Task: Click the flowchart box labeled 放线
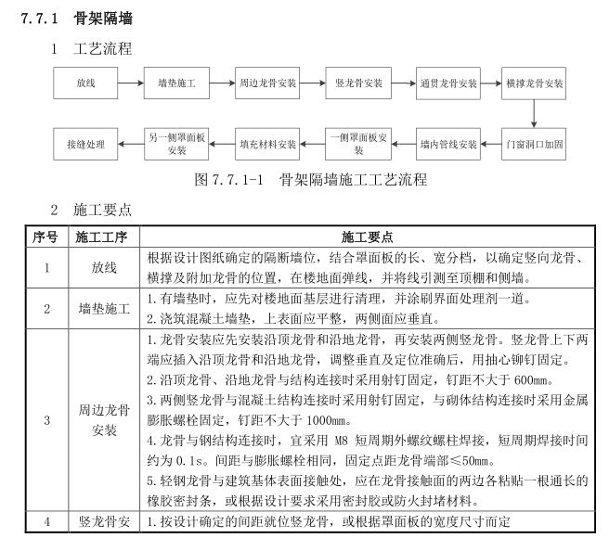(x=86, y=83)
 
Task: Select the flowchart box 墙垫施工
(x=175, y=83)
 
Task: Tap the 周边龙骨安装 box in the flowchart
(x=267, y=83)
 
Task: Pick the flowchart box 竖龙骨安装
(x=358, y=83)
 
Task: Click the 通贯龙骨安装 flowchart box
(x=447, y=83)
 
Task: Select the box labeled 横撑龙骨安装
(x=535, y=83)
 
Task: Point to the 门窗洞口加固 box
(x=535, y=145)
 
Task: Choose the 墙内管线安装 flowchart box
(x=447, y=145)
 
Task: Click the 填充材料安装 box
(x=267, y=145)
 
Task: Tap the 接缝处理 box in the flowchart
(x=86, y=145)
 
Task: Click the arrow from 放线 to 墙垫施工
(x=130, y=83)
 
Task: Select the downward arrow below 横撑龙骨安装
(x=535, y=114)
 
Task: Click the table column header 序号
(x=45, y=237)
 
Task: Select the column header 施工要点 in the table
(x=366, y=237)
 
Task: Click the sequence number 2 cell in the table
(x=45, y=306)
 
